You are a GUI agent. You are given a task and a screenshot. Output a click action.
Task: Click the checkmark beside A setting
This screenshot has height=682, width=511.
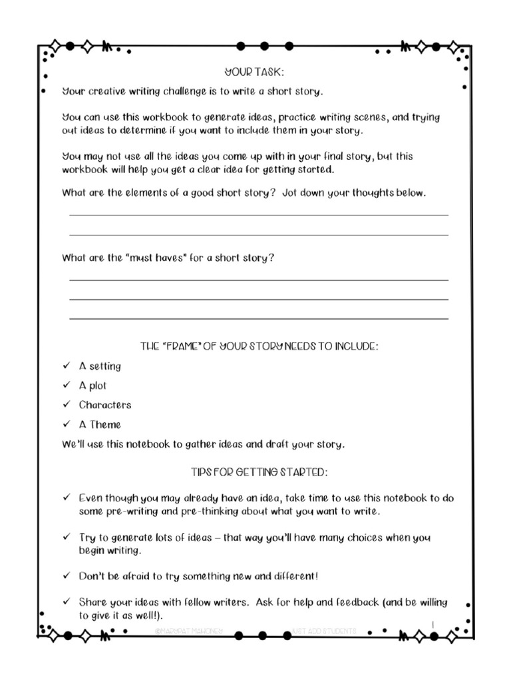pyautogui.click(x=66, y=366)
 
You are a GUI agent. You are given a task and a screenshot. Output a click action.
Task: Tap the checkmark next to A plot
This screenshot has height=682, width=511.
pyautogui.click(x=66, y=385)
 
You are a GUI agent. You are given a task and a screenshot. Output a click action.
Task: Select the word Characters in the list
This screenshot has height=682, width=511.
pyautogui.click(x=105, y=404)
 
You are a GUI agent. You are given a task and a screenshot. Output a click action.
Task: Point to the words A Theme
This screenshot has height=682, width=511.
pyautogui.click(x=100, y=424)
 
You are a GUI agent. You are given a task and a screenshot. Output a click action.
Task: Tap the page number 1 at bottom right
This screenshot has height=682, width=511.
pyautogui.click(x=433, y=623)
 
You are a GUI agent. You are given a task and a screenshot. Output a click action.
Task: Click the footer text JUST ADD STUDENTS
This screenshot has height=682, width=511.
pyautogui.click(x=324, y=630)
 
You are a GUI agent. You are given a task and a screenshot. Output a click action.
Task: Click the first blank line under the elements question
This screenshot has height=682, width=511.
pyautogui.click(x=259, y=215)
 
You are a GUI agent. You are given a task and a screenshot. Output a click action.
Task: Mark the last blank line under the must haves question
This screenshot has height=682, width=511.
pyautogui.click(x=259, y=319)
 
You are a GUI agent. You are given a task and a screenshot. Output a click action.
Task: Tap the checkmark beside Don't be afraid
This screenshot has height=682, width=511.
pyautogui.click(x=66, y=575)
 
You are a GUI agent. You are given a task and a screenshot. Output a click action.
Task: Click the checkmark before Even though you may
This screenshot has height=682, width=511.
pyautogui.click(x=66, y=498)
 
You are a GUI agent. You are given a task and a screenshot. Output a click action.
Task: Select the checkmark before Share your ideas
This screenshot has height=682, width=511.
pyautogui.click(x=66, y=601)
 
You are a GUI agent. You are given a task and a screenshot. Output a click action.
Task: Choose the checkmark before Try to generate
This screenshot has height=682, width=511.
pyautogui.click(x=66, y=536)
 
